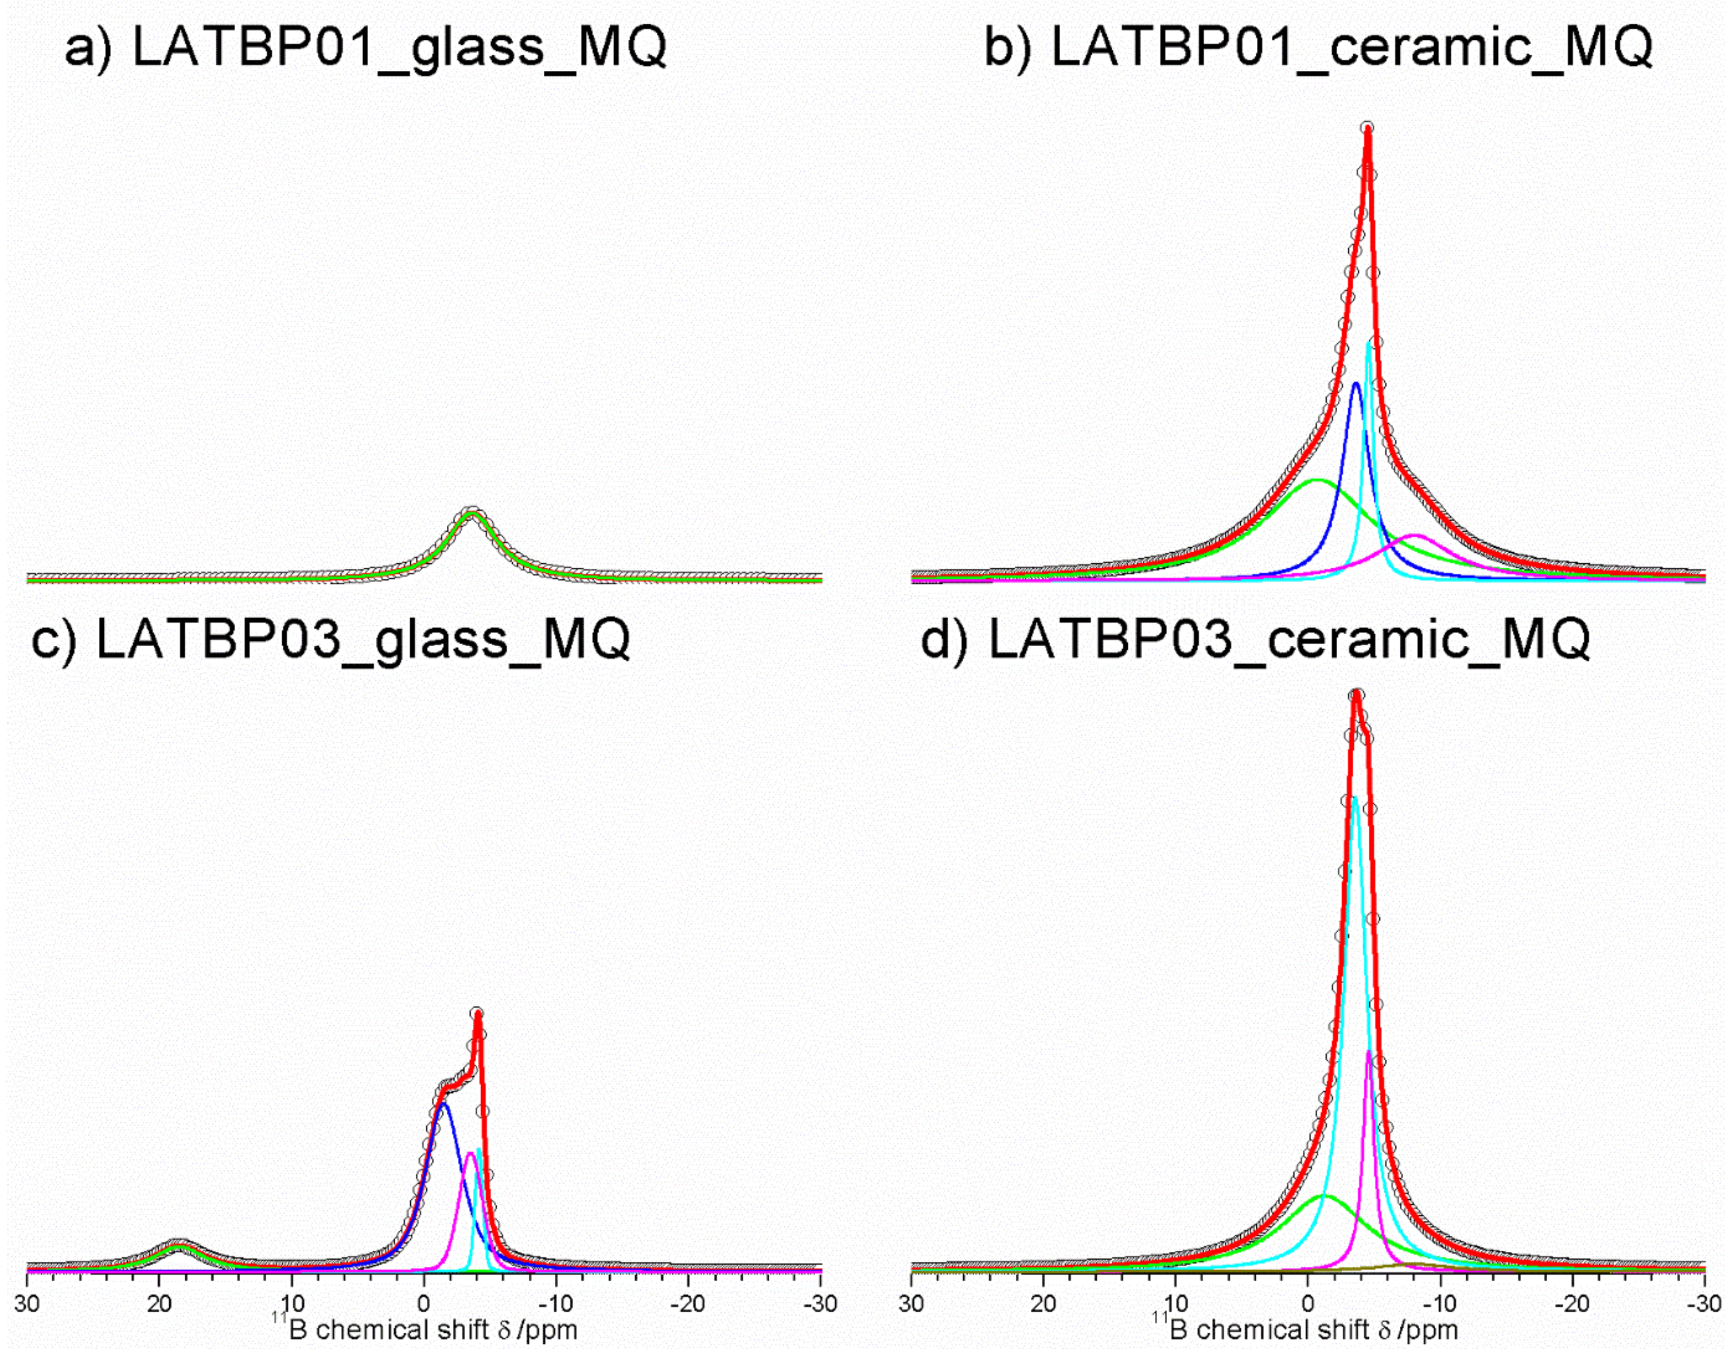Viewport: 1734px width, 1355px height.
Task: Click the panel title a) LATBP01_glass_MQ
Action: click(365, 48)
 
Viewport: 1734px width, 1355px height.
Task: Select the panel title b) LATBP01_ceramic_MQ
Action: click(1318, 48)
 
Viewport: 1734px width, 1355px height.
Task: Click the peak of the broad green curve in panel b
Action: click(1318, 480)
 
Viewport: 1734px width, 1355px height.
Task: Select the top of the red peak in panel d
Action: click(1357, 695)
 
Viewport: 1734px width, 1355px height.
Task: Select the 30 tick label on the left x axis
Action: click(28, 1304)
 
